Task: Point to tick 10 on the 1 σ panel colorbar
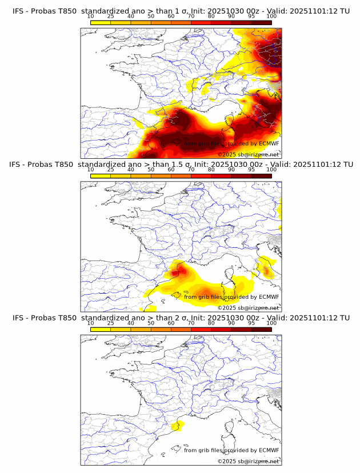(x=91, y=17)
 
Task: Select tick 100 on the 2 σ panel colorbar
(x=271, y=323)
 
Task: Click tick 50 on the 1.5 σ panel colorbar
(x=151, y=170)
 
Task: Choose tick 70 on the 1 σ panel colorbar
(x=191, y=17)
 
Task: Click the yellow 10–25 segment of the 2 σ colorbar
(x=101, y=329)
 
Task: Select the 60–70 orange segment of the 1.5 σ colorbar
(x=181, y=175)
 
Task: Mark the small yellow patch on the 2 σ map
(x=178, y=424)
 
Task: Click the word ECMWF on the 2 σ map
(x=269, y=450)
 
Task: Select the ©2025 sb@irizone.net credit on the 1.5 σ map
(x=248, y=307)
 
